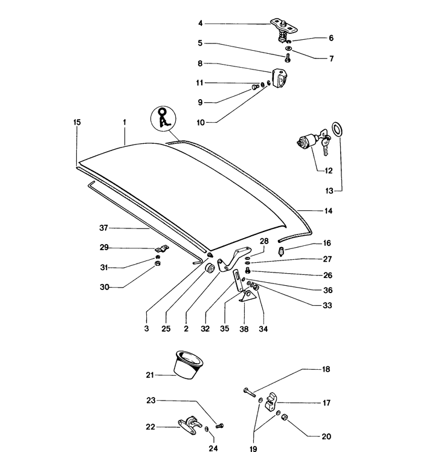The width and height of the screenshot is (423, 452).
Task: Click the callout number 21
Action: point(150,375)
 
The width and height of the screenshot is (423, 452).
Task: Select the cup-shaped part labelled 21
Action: point(189,365)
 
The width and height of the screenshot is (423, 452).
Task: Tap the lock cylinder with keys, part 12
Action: point(314,142)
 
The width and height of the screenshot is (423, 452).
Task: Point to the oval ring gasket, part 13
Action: point(337,129)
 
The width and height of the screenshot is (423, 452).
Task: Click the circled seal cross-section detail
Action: point(163,119)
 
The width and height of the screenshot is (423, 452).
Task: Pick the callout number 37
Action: point(103,228)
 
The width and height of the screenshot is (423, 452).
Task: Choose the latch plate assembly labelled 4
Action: point(284,30)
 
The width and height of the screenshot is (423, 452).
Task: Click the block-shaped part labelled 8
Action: point(280,78)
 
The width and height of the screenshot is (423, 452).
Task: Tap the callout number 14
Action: point(328,211)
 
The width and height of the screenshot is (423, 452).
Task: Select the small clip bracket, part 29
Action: point(162,249)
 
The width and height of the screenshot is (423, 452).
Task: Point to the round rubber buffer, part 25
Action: point(210,268)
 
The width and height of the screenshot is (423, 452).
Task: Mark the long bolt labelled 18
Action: point(250,392)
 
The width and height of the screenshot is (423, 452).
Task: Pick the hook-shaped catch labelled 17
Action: point(271,402)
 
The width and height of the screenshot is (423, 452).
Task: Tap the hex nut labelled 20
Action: point(284,417)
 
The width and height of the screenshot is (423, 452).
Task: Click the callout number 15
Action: point(77,122)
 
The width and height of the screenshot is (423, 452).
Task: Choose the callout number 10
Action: point(201,123)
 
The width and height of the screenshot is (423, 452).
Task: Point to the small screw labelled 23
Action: point(220,425)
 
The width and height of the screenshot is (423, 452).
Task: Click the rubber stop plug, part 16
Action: point(282,251)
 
